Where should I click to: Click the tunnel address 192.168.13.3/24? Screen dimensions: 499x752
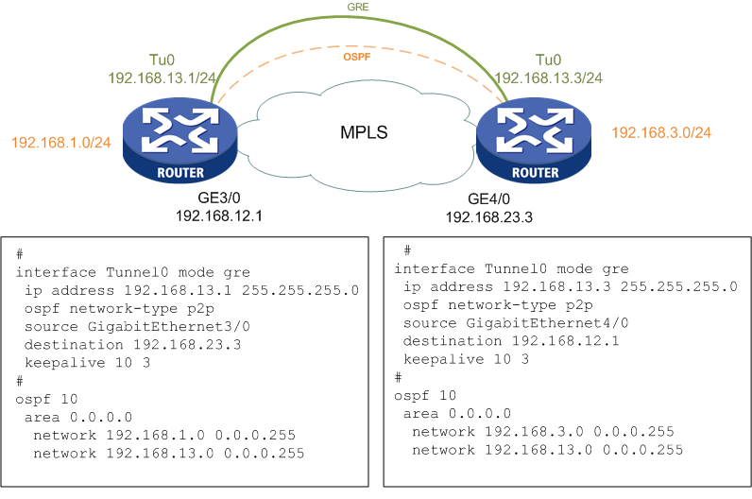(550, 77)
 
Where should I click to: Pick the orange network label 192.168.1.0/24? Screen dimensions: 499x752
(61, 143)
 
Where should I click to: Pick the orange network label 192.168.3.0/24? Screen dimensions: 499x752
(662, 132)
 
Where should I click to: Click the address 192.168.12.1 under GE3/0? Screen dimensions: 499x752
(218, 216)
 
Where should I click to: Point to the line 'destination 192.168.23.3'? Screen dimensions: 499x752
(118, 344)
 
